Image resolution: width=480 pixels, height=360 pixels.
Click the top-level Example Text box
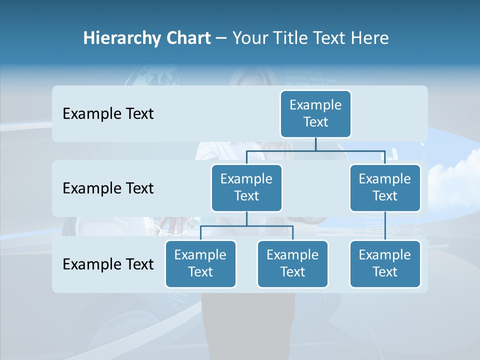point(315,113)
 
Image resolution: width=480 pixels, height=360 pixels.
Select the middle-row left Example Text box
point(246,187)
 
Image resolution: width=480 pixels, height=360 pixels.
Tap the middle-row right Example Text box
point(385,187)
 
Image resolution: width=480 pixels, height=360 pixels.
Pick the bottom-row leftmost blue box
point(200,263)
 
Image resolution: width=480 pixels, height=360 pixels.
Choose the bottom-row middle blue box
point(292,263)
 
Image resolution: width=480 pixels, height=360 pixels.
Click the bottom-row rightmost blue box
point(385,263)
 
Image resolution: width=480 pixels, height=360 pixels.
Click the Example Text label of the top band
point(108,114)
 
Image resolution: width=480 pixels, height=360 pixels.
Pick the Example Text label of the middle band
point(108,188)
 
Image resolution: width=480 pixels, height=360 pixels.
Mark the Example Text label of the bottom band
point(108,264)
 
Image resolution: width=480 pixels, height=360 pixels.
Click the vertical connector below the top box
point(315,143)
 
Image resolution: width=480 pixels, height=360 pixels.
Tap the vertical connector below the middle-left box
point(246,218)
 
